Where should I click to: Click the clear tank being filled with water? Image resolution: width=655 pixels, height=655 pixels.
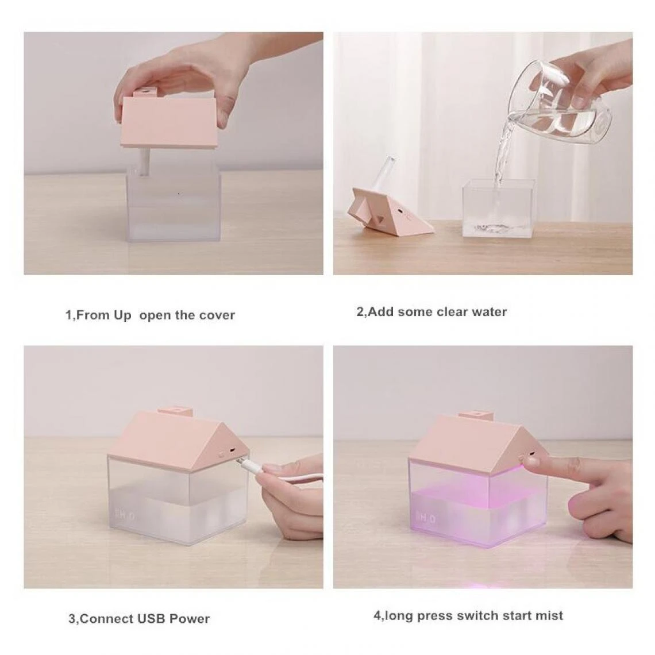coord(498,209)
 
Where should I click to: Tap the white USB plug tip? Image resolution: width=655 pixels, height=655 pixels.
coord(242,461)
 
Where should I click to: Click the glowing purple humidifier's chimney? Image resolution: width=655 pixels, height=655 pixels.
coord(477,415)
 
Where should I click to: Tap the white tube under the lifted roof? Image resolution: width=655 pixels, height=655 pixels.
coord(145,161)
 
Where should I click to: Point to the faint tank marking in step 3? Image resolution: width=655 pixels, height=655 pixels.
coord(125,516)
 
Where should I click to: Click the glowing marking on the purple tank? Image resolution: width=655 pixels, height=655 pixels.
coord(426,519)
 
